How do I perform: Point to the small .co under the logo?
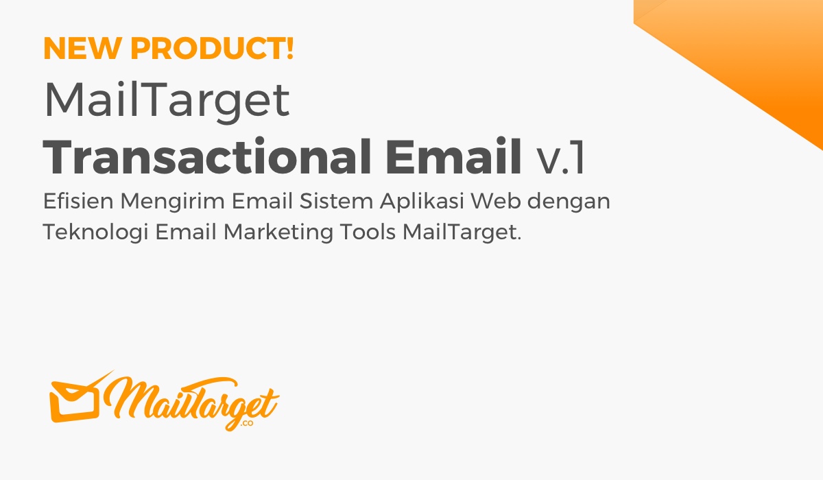247,426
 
